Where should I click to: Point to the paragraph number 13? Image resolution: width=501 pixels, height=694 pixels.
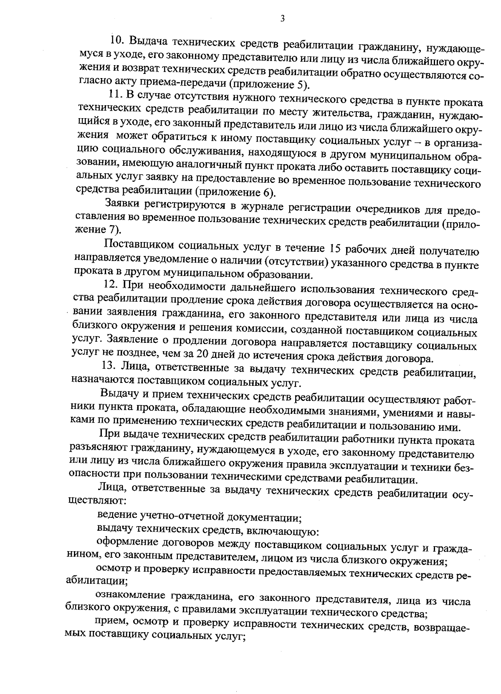click(109, 367)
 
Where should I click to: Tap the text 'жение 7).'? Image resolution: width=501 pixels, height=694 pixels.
click(97, 229)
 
